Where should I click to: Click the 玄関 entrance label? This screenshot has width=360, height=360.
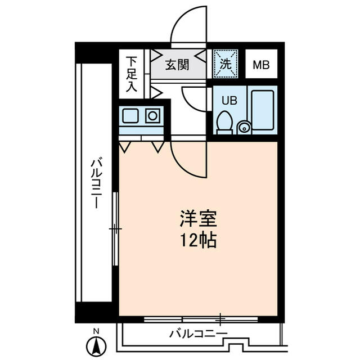[177, 65]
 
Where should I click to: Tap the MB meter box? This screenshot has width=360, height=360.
[261, 64]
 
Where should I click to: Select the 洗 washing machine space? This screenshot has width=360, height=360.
[226, 64]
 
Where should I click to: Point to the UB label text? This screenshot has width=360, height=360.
[229, 100]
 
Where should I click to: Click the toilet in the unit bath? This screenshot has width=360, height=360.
[224, 123]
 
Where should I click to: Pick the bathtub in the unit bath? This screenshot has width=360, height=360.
[263, 110]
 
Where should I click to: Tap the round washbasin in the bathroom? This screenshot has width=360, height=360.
[244, 127]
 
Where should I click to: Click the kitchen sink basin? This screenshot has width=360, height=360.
[130, 116]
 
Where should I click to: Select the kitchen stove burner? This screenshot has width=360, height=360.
[152, 116]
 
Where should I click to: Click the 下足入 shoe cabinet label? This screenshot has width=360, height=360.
[132, 74]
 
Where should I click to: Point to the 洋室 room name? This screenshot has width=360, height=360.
[198, 219]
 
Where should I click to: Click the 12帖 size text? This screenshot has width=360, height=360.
[198, 240]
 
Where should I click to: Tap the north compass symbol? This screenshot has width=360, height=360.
[96, 346]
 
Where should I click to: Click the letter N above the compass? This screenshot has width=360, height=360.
[96, 331]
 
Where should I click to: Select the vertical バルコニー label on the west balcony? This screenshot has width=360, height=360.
[96, 182]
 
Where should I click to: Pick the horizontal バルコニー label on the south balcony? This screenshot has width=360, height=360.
[199, 334]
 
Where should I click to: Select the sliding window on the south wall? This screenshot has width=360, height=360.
[201, 319]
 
